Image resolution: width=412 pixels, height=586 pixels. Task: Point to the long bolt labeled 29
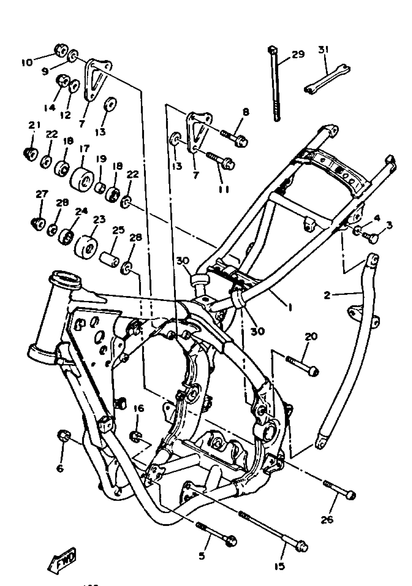pyautogui.click(x=275, y=84)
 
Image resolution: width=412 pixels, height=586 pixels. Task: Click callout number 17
pyautogui.click(x=85, y=148)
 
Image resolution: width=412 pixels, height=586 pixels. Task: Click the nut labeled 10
pyautogui.click(x=61, y=50)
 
